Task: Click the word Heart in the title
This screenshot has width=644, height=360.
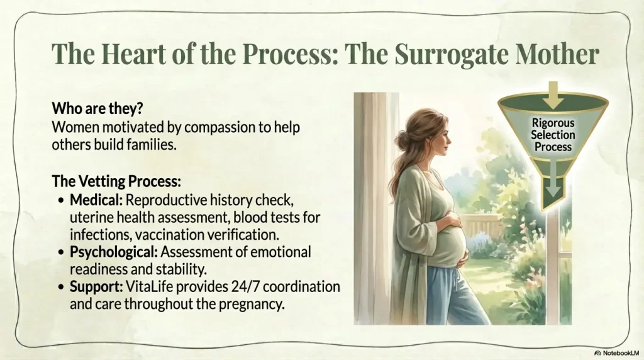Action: pyautogui.click(x=132, y=54)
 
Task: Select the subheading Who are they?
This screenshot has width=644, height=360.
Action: pyautogui.click(x=97, y=108)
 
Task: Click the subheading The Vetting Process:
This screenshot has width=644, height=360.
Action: pyautogui.click(x=116, y=181)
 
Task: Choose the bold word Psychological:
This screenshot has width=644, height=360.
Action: pyautogui.click(x=114, y=252)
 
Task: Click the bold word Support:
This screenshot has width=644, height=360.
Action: pyautogui.click(x=96, y=287)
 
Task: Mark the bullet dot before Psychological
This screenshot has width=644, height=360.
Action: pyautogui.click(x=61, y=252)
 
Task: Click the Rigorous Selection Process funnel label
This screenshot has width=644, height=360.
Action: pyautogui.click(x=553, y=135)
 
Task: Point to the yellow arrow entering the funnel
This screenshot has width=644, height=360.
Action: pyautogui.click(x=553, y=95)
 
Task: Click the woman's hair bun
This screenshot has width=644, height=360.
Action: pyautogui.click(x=403, y=138)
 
